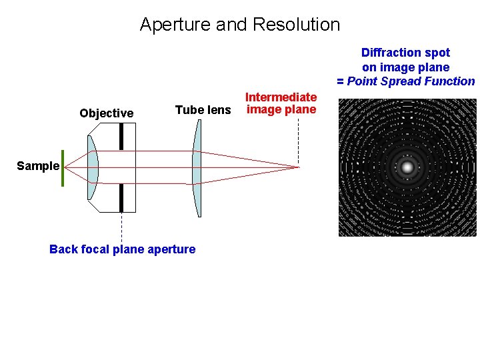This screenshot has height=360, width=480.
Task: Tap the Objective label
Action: pyautogui.click(x=106, y=113)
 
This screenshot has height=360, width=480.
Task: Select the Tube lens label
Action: pyautogui.click(x=203, y=110)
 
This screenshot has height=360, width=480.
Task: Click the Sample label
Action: pyautogui.click(x=38, y=166)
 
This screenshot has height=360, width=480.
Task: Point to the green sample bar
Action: pyautogui.click(x=63, y=168)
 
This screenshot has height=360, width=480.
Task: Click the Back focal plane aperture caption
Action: pyautogui.click(x=122, y=249)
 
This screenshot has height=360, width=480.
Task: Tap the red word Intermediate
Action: pyautogui.click(x=281, y=97)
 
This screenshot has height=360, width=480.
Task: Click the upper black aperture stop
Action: pyautogui.click(x=121, y=137)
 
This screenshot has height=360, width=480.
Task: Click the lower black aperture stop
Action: pyautogui.click(x=121, y=197)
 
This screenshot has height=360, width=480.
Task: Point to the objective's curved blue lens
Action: pyautogui.click(x=92, y=167)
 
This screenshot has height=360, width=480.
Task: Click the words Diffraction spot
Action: pyautogui.click(x=405, y=53)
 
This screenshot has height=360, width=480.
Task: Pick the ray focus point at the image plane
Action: pyautogui.click(x=297, y=167)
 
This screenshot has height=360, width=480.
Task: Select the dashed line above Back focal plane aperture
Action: pyautogui.click(x=121, y=227)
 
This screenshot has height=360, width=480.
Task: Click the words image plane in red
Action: pyautogui.click(x=281, y=110)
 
